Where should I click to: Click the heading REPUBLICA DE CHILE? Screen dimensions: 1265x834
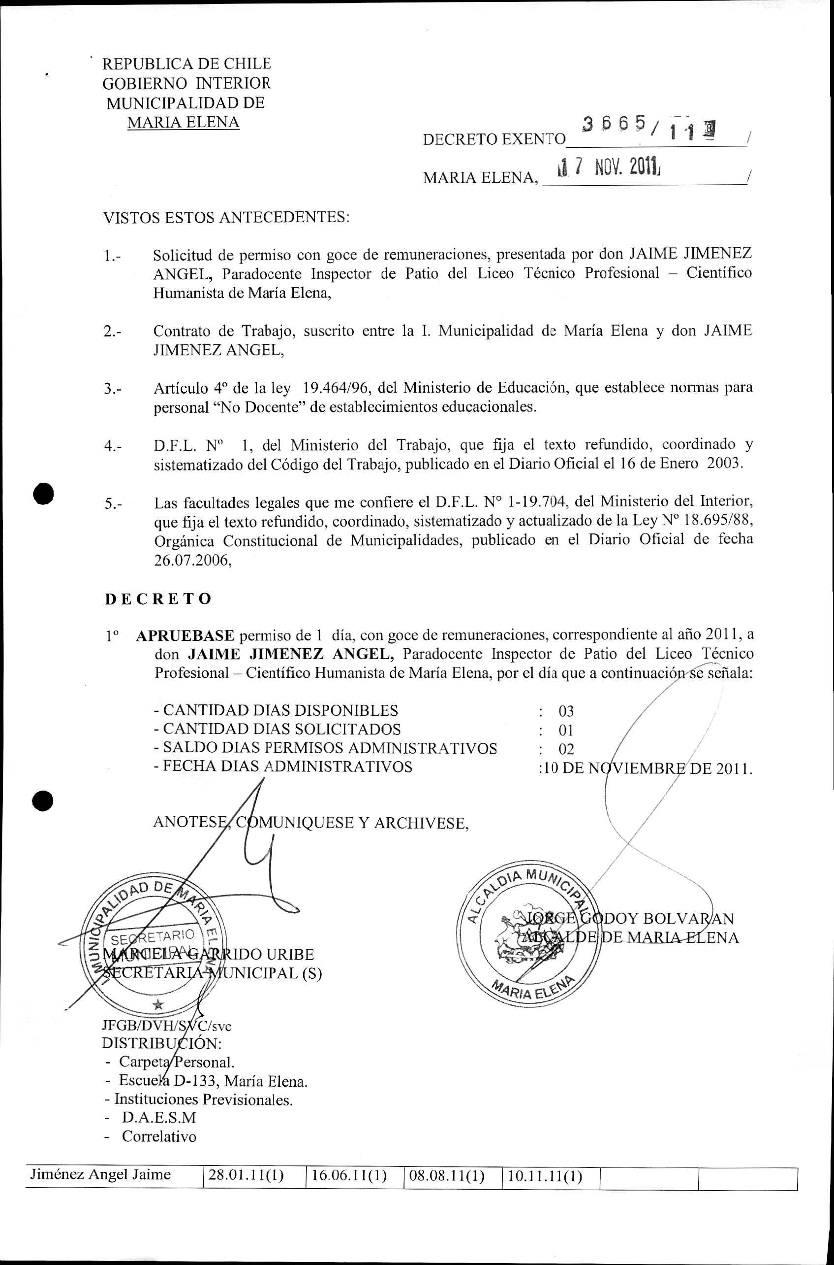point(186,64)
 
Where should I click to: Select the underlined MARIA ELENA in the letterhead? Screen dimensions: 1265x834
point(183,123)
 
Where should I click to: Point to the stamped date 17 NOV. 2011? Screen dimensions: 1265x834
point(607,169)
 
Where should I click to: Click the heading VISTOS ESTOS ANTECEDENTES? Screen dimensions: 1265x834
point(225,218)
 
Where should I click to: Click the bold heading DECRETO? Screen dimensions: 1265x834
point(158,599)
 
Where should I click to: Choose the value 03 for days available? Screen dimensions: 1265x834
point(566,711)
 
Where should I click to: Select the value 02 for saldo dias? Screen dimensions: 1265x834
point(566,750)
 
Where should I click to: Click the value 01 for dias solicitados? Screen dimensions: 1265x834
point(566,731)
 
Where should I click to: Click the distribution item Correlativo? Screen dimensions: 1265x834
point(159,1137)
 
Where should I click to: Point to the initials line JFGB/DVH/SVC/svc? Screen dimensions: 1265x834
point(166,1026)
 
